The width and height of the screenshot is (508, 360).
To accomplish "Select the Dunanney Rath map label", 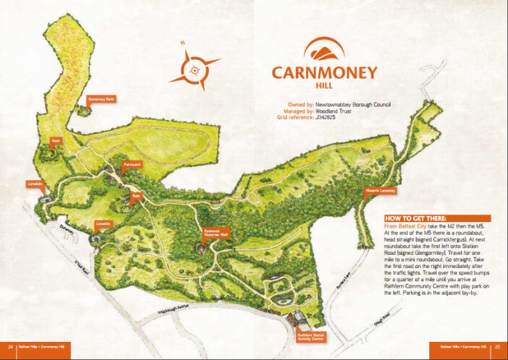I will tap(101, 100).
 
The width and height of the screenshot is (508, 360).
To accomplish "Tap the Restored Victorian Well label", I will tap(215, 233).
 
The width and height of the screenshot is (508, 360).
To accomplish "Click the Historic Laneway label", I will tap(380, 190).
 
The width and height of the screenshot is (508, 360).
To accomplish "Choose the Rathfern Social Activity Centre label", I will tap(310, 338).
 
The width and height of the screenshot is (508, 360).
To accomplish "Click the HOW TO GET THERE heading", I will tap(415, 219).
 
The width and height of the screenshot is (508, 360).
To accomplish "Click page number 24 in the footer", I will tap(10, 346).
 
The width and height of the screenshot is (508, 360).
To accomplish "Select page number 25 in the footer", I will tap(497, 346).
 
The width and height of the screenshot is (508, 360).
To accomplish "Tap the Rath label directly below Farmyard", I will tap(137, 196).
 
